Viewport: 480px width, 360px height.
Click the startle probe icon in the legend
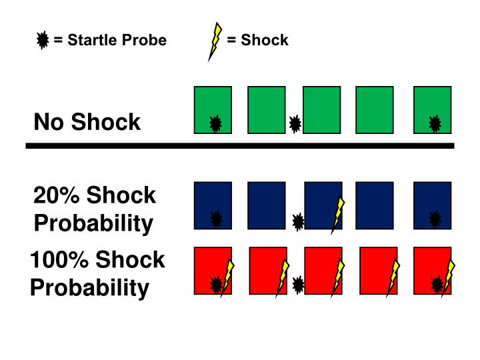pos(43,41)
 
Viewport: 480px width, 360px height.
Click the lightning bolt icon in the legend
pos(215,41)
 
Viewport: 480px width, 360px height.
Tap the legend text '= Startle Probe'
pos(110,40)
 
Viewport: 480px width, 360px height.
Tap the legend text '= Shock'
pos(257,40)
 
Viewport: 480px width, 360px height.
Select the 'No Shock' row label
pos(87,122)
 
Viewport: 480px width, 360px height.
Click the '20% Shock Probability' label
pos(94,209)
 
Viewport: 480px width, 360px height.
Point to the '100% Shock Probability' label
pos(97,273)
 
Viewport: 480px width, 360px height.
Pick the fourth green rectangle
pos(375,110)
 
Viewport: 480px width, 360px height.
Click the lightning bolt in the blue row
pos(339,215)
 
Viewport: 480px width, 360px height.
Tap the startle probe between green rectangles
pos(295,123)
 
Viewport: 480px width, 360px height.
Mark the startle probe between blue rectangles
pos(299,221)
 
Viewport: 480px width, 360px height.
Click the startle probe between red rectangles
pos(299,285)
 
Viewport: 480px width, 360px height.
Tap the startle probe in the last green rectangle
pos(435,123)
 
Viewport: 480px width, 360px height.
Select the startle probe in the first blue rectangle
pos(216,219)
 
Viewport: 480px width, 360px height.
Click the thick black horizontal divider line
pos(240,145)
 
